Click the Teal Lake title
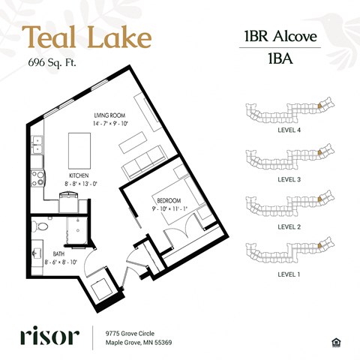click(x=87, y=37)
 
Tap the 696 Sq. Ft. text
click(x=52, y=62)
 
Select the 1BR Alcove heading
click(x=280, y=36)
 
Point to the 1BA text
click(x=280, y=58)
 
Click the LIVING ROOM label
click(x=109, y=115)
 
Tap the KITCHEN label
click(x=79, y=175)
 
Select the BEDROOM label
click(x=169, y=200)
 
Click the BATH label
click(x=58, y=254)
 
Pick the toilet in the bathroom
click(x=41, y=226)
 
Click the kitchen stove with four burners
click(x=37, y=178)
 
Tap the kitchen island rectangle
click(x=79, y=151)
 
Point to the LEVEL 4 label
click(x=289, y=130)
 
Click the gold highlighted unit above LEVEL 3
click(x=319, y=152)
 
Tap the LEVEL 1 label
click(x=289, y=274)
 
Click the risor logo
click(x=49, y=335)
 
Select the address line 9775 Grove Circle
click(x=130, y=334)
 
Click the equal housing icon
click(x=335, y=342)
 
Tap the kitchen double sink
click(x=37, y=145)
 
